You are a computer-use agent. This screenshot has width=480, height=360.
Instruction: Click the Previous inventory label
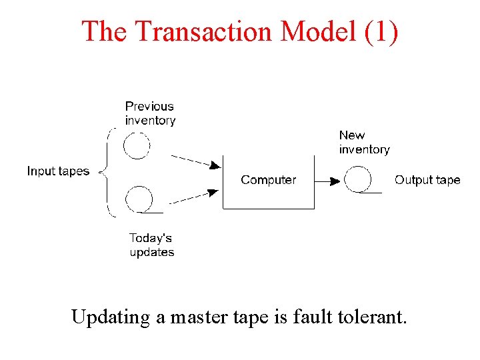[150, 113]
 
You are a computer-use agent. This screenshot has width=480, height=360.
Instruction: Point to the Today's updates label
[151, 245]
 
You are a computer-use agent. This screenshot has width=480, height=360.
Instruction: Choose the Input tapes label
[58, 171]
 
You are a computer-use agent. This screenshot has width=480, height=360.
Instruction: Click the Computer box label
[268, 180]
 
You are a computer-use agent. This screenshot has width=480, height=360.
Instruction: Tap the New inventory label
[363, 142]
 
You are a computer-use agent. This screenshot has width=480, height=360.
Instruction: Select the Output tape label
[427, 180]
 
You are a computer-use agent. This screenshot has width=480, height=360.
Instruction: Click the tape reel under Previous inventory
[137, 145]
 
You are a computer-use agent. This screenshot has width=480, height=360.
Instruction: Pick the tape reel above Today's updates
[139, 199]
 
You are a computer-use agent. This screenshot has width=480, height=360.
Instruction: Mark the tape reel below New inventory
[357, 179]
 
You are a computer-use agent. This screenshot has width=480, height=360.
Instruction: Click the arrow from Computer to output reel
[327, 180]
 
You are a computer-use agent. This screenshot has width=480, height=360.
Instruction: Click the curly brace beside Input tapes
[107, 172]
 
